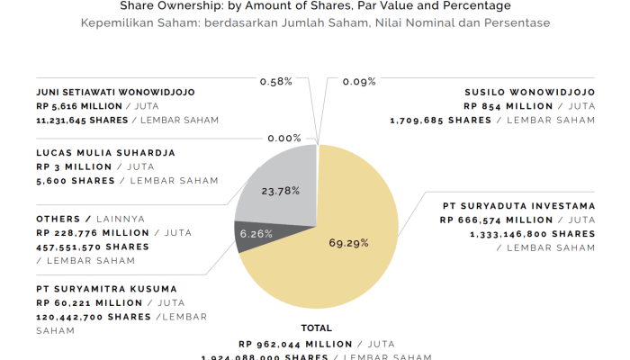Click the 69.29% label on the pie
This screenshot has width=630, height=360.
[x=351, y=243]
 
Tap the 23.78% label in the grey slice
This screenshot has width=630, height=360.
[x=280, y=192]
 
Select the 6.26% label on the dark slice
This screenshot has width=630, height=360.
[x=256, y=233]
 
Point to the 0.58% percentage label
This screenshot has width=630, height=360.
[x=276, y=82]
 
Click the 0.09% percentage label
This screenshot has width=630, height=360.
[x=359, y=82]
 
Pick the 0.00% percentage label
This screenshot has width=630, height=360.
[x=284, y=139]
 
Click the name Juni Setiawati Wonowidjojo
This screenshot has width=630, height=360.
[x=115, y=92]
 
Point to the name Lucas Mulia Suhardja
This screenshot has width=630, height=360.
[x=105, y=153]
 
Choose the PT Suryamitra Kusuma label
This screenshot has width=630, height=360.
[x=106, y=289]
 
